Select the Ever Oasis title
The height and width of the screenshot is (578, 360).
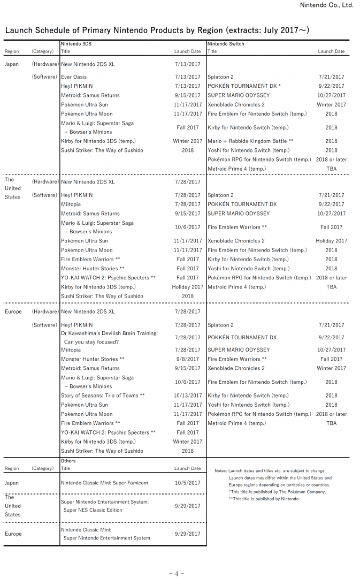point(74,77)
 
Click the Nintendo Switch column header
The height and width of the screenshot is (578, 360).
point(225,44)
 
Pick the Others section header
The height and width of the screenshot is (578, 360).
point(68,461)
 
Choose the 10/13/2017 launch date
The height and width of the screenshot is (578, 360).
point(187,396)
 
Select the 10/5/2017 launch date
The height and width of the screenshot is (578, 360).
point(187,483)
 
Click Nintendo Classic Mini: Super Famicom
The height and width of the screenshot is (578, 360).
point(104,483)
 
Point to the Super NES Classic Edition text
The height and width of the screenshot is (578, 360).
point(93,511)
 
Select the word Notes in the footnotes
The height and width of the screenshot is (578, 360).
point(220,471)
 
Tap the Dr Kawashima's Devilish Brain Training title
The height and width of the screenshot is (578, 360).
point(109,333)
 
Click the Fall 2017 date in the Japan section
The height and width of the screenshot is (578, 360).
point(188,127)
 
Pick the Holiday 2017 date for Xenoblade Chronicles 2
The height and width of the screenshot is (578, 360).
point(331,241)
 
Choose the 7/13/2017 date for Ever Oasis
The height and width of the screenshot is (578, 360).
point(188,77)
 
